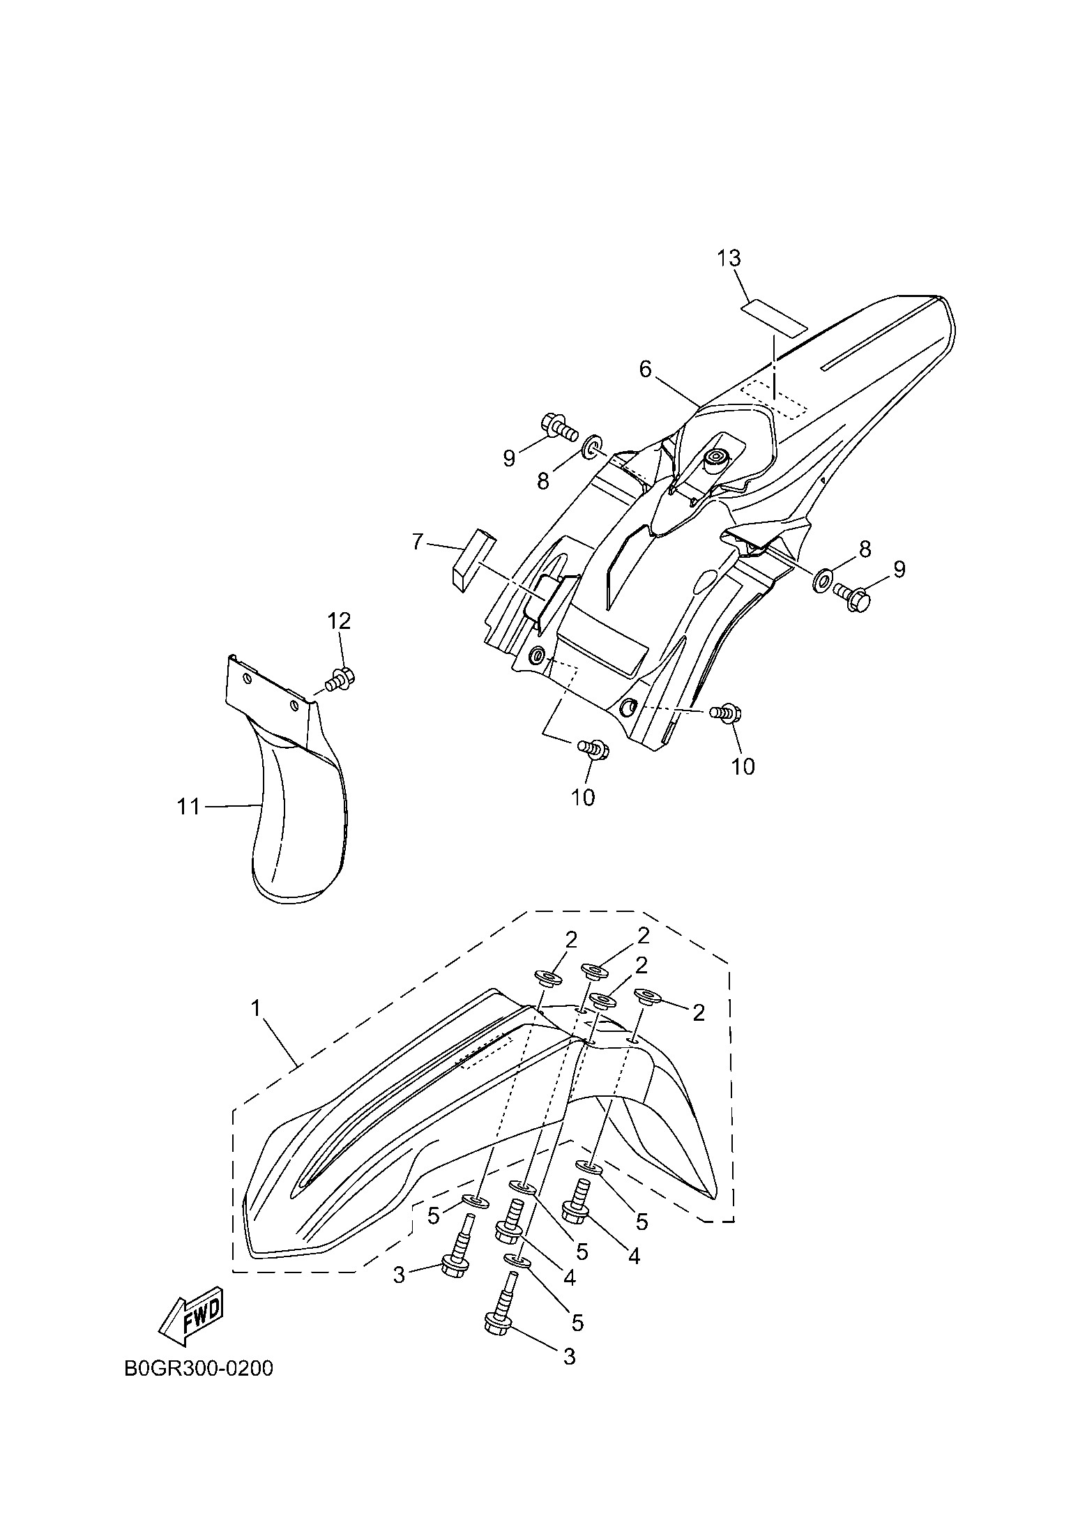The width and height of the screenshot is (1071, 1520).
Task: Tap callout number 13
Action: (729, 258)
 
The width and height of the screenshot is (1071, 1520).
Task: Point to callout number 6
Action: (645, 370)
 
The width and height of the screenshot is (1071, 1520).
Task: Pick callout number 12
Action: (340, 621)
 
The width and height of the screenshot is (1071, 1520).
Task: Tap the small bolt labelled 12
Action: (341, 677)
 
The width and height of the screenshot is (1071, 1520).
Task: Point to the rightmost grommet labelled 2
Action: (645, 996)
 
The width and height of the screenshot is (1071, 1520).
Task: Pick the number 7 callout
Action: (418, 541)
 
